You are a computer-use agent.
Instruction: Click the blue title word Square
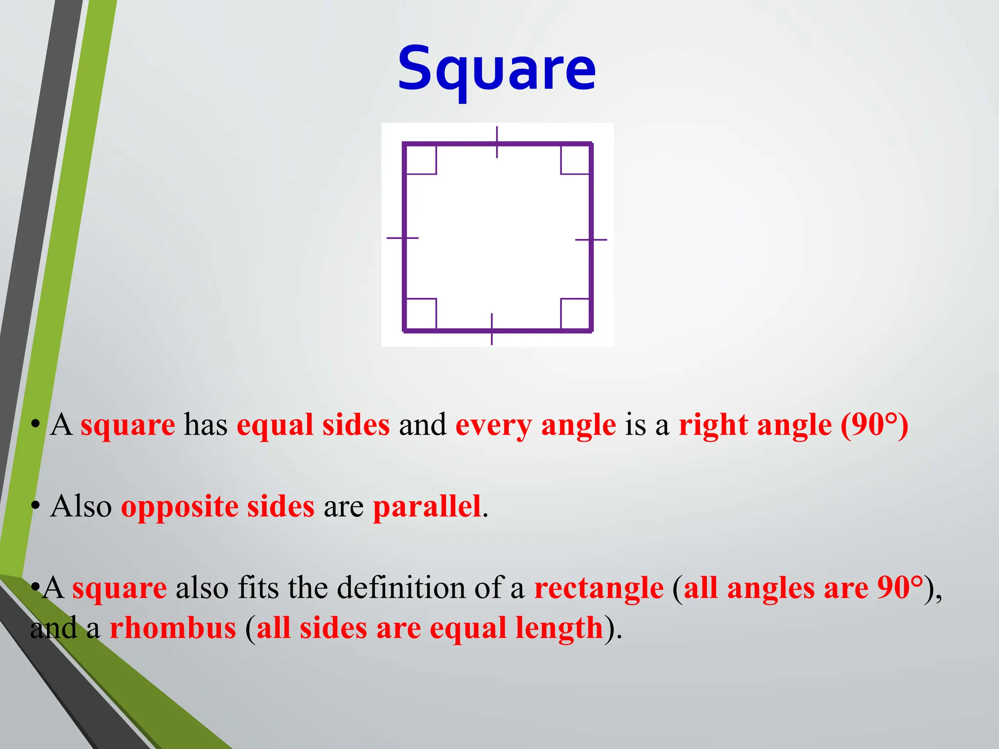(497, 69)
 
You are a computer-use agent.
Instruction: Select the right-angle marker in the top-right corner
(575, 160)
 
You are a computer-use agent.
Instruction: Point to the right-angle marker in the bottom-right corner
(575, 314)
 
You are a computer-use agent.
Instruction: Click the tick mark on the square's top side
(497, 142)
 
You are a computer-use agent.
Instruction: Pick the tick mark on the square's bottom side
(492, 330)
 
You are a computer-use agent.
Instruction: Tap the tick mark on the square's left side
(402, 238)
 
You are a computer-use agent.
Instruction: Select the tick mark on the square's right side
(591, 240)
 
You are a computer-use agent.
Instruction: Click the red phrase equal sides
(313, 425)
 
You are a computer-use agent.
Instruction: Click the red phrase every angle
(536, 425)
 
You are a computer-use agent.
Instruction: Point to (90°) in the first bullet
(874, 425)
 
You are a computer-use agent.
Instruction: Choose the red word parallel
(427, 506)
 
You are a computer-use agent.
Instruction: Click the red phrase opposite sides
(218, 506)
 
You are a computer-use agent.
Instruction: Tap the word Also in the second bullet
(81, 506)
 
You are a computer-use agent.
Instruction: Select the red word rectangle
(599, 588)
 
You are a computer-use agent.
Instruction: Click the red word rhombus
(173, 628)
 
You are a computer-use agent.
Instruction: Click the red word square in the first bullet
(128, 425)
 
